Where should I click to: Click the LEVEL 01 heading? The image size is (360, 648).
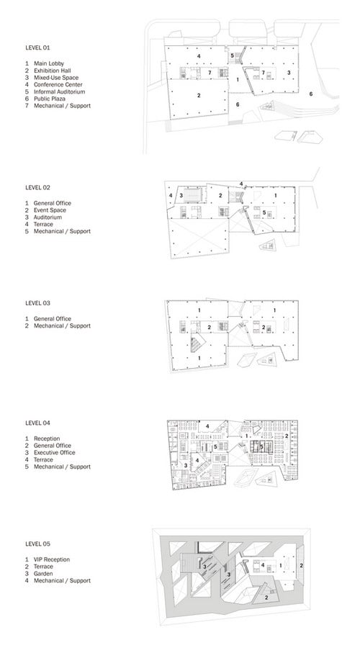pyautogui.click(x=37, y=48)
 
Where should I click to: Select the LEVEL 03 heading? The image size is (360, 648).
pyautogui.click(x=37, y=303)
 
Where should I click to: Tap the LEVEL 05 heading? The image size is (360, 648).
pyautogui.click(x=37, y=544)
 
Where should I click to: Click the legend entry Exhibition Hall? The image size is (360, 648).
pyautogui.click(x=52, y=71)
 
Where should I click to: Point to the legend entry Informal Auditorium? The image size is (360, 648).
pyautogui.click(x=60, y=91)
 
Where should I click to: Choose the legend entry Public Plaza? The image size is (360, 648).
pyautogui.click(x=50, y=99)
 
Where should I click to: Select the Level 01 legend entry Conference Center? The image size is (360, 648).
pyautogui.click(x=58, y=85)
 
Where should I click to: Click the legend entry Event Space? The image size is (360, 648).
pyautogui.click(x=50, y=210)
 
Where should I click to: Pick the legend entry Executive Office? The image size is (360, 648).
pyautogui.click(x=55, y=453)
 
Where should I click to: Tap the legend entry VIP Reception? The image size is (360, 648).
pyautogui.click(x=52, y=559)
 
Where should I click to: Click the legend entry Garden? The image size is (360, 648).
pyautogui.click(x=43, y=574)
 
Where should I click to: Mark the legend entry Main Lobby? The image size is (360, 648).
pyautogui.click(x=49, y=63)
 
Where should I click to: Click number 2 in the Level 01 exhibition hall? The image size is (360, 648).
pyautogui.click(x=199, y=96)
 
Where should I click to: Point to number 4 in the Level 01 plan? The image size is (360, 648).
pyautogui.click(x=199, y=55)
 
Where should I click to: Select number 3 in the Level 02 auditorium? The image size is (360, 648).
pyautogui.click(x=181, y=195)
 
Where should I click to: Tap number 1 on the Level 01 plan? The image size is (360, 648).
pyautogui.click(x=238, y=80)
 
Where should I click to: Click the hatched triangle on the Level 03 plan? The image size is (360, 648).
pyautogui.click(x=198, y=344)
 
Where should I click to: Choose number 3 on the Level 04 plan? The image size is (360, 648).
pyautogui.click(x=186, y=465)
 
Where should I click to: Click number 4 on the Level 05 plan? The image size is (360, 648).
pyautogui.click(x=263, y=565)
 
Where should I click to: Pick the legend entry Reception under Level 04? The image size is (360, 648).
pyautogui.click(x=47, y=438)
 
